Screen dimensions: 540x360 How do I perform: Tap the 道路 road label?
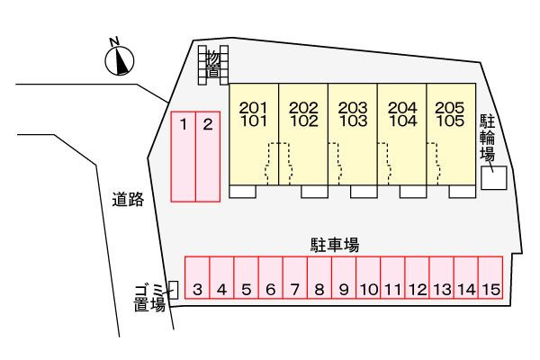pos(128,200)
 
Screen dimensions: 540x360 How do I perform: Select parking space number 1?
pos(184,157)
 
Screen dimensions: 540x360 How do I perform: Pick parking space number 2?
pos(208,157)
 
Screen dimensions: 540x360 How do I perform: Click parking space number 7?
pos(295,277)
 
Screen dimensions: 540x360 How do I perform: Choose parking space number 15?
pos(490,277)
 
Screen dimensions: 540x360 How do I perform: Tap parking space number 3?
pos(197,277)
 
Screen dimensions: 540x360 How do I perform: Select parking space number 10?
pos(368,277)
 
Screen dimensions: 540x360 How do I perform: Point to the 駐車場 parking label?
pos(335,245)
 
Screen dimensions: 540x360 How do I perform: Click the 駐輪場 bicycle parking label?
pos(487,138)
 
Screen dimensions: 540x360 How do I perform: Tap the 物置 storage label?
pos(213,65)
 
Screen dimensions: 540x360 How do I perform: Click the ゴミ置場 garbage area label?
pos(149,298)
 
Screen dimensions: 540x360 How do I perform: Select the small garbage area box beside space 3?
pos(174,290)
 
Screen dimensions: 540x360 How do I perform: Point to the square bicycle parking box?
pos(494,178)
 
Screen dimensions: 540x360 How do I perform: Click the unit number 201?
pos(254,108)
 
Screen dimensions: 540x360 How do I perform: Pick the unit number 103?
pos(353,121)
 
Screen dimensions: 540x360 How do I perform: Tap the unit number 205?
pos(450,108)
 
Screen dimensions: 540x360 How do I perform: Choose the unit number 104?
pos(402,121)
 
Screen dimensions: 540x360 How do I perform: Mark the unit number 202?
pos(303,108)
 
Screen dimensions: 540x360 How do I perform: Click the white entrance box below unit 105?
pos(463,192)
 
